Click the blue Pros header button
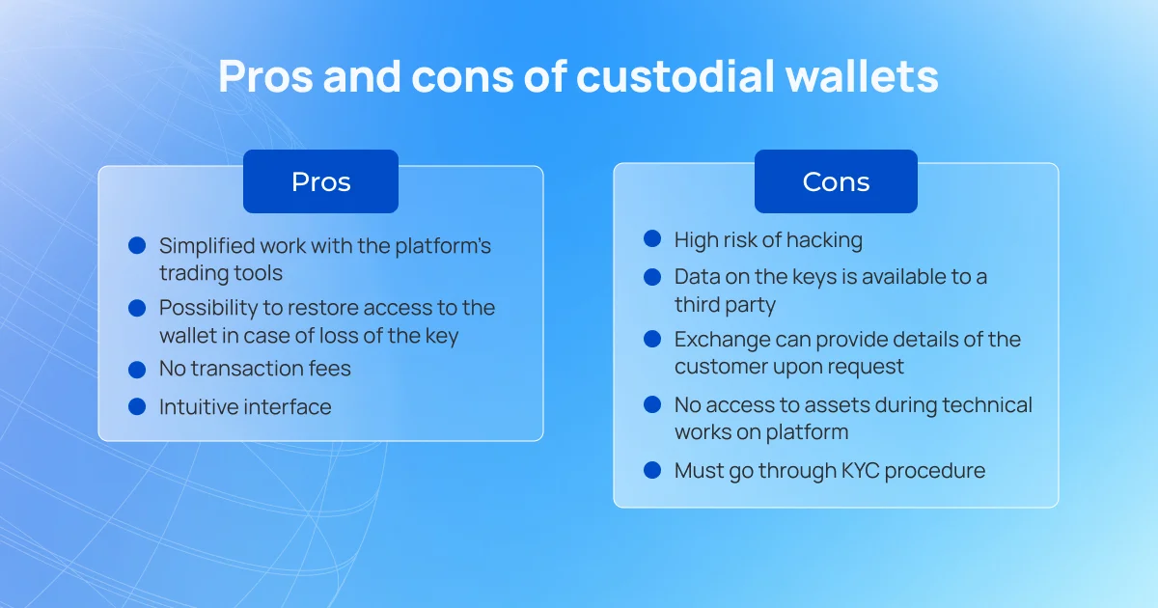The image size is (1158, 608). pos(320,181)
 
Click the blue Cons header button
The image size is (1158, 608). pos(836,181)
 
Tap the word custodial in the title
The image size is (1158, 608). pos(675,76)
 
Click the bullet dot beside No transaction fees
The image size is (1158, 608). pos(137,370)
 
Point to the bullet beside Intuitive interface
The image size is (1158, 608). pos(137,407)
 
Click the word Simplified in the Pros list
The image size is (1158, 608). pos(207,247)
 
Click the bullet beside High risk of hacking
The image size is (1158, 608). pos(652,239)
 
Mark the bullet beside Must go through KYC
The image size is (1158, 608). pos(652,471)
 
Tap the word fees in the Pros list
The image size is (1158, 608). pos(330,369)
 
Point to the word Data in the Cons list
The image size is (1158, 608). pos(697,277)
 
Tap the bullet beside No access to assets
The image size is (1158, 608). pos(652,404)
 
